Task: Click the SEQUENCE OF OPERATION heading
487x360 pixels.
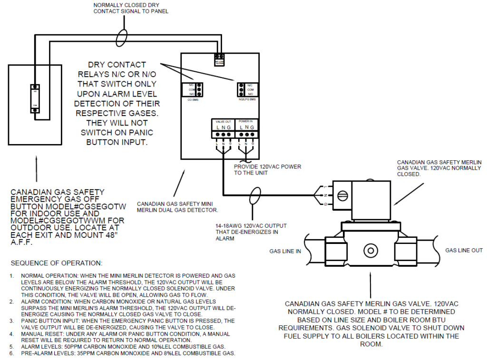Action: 57,263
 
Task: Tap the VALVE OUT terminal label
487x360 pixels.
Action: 223,122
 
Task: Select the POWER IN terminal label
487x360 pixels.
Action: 246,122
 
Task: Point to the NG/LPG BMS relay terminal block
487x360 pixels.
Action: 242,89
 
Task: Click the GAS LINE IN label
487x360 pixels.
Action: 285,251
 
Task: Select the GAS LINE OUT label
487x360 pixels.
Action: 464,250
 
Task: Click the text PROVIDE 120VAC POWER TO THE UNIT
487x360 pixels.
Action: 268,170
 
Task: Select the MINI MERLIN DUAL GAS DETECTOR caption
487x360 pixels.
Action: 178,207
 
